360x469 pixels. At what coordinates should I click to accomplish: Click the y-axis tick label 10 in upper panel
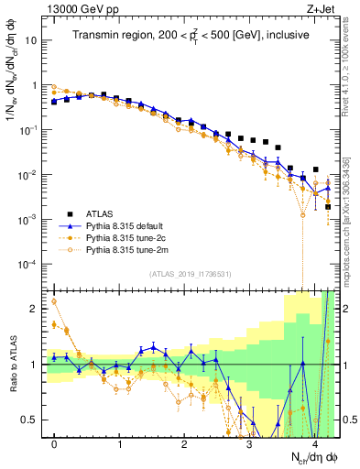point(33,40)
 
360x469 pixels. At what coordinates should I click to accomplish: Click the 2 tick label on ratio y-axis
point(35,309)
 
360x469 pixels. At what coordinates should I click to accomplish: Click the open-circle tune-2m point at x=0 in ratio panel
point(54,301)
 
